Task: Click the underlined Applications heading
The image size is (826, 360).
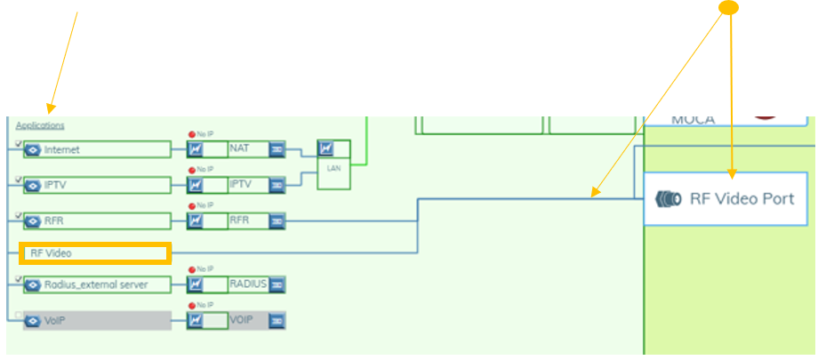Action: click(40, 125)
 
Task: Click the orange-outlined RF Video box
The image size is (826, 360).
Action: click(94, 253)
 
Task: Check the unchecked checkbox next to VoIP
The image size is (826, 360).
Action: click(20, 315)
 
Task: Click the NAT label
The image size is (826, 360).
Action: click(247, 148)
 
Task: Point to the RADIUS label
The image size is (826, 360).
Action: click(247, 284)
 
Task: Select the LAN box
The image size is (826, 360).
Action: click(334, 164)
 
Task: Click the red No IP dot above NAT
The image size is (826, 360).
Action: click(191, 134)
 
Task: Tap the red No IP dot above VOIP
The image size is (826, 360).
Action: click(191, 306)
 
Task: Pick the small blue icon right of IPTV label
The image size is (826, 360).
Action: click(277, 184)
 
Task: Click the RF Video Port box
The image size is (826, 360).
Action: click(726, 198)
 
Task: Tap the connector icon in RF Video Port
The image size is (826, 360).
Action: click(668, 198)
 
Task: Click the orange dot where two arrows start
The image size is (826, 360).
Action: click(729, 8)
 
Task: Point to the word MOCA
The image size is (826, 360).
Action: click(693, 119)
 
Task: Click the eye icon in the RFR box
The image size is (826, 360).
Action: click(33, 220)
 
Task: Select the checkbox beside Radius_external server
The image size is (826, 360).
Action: click(20, 279)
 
